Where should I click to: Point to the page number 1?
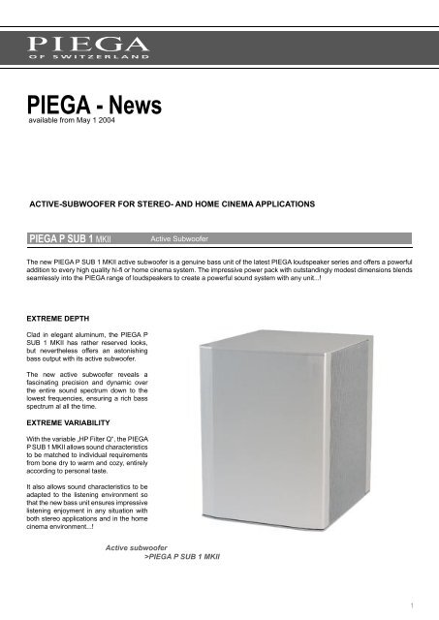(412, 605)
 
